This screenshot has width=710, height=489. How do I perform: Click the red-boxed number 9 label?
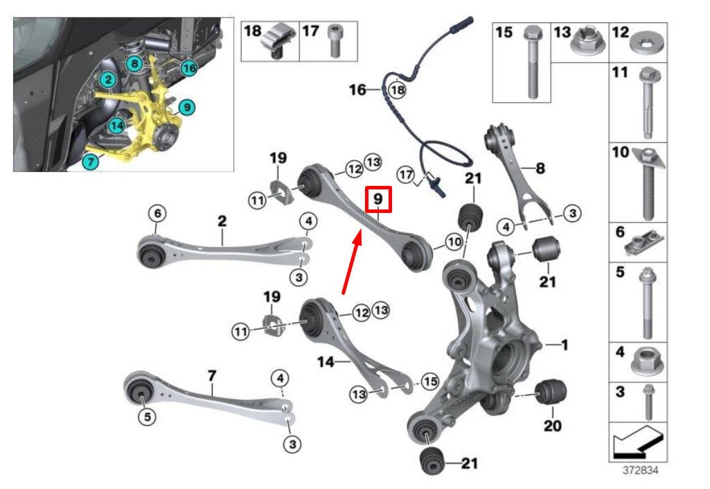point(378,199)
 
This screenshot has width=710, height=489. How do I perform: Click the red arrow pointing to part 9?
point(350,264)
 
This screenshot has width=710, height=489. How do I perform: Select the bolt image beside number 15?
point(532,62)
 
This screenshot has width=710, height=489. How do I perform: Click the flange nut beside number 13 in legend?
point(585,44)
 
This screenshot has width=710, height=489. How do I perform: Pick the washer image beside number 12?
point(649,46)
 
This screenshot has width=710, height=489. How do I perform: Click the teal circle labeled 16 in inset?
point(189,67)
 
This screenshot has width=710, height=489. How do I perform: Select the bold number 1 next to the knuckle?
point(565,344)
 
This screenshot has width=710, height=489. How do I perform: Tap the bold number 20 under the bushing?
point(552,425)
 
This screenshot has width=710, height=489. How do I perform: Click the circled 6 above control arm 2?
point(157,214)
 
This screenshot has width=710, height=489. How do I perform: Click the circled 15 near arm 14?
point(429,381)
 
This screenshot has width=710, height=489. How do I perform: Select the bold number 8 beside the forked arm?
point(541,167)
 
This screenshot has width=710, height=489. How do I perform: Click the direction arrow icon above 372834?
point(638,442)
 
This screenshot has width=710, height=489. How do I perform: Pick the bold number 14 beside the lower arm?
point(325,361)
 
